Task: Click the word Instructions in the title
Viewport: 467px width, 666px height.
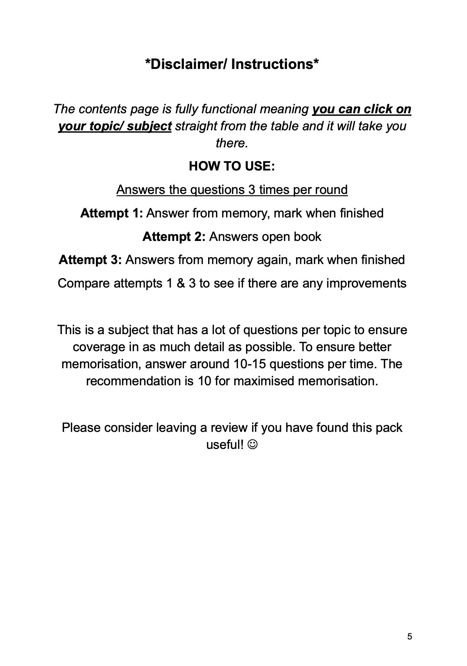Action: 273,64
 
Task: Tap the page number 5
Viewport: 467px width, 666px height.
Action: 409,636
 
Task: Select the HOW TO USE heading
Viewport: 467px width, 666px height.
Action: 232,166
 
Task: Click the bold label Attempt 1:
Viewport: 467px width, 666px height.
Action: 111,213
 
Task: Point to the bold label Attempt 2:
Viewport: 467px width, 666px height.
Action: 174,237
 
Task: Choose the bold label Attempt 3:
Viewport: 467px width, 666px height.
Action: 90,260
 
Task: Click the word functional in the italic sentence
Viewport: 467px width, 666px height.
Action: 229,109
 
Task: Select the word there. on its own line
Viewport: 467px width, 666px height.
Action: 232,143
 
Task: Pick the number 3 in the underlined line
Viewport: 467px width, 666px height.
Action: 252,190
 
